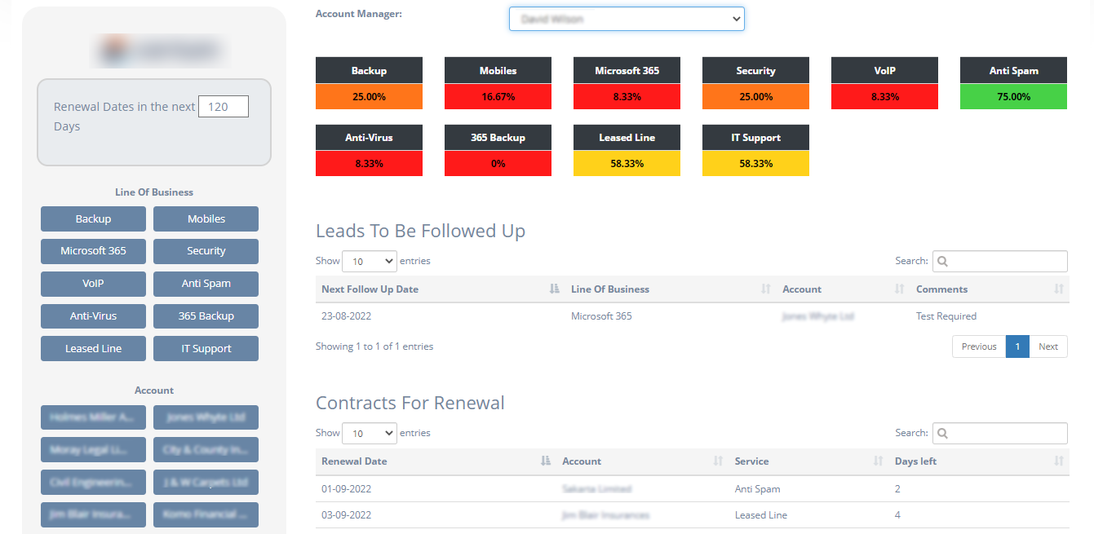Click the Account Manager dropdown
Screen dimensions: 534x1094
tap(627, 19)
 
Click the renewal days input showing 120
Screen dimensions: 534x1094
tap(224, 107)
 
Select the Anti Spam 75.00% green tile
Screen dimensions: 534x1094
tap(1013, 96)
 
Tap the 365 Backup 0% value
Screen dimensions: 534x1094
tap(498, 163)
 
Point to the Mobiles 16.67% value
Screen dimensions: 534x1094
tap(498, 96)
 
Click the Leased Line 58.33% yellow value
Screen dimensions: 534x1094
tap(627, 163)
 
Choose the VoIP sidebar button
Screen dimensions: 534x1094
tap(93, 284)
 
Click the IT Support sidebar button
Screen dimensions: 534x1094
tap(206, 349)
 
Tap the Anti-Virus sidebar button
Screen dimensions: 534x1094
tap(93, 316)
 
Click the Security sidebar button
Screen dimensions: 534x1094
tap(206, 251)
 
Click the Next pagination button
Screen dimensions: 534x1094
tap(1048, 346)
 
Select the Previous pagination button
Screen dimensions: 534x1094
tap(979, 346)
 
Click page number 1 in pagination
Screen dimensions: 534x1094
tap(1017, 346)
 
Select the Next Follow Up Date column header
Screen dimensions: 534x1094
tap(370, 289)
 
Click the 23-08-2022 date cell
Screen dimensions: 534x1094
tap(346, 316)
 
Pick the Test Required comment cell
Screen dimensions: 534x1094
tap(946, 316)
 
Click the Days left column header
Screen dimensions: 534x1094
tap(915, 461)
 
